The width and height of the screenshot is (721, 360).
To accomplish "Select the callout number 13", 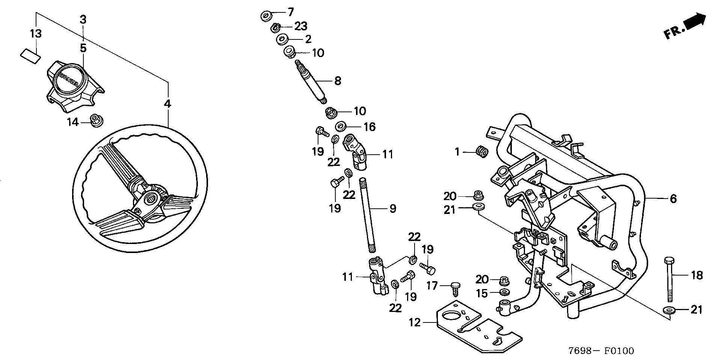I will pos(36,34).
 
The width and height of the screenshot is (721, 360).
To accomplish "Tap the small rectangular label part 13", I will pos(30,56).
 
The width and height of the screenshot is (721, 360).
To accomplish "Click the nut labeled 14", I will pos(97,121).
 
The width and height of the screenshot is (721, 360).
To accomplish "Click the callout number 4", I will pos(167,104).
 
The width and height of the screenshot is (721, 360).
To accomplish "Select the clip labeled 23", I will pos(276,26).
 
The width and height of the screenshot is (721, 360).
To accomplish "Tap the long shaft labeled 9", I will pos(368,216).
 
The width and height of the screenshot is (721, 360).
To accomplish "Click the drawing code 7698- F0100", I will pos(601,351).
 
